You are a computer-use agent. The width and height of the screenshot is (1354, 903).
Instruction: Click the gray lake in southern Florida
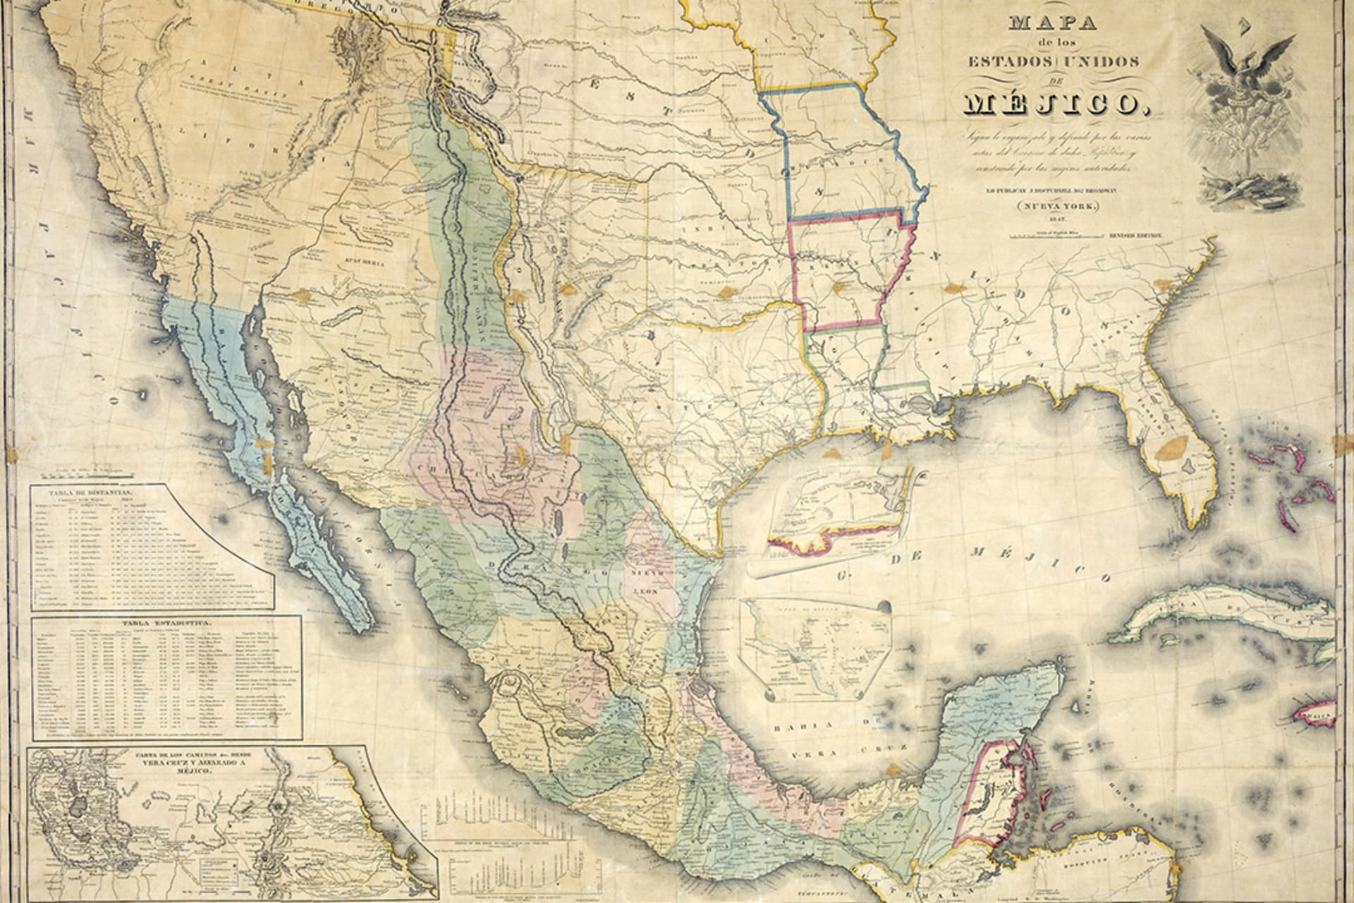pos(1187,466)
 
